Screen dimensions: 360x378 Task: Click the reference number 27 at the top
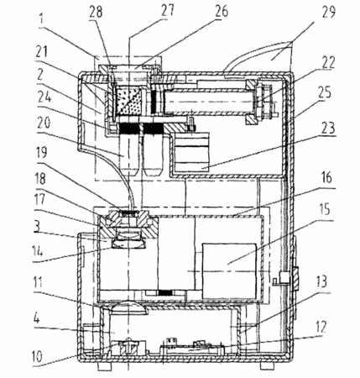coord(168,10)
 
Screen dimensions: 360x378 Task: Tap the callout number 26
coord(222,12)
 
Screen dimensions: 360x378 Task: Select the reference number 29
coord(328,12)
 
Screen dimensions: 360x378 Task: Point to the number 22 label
coord(328,62)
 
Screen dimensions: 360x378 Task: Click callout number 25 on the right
coord(325,92)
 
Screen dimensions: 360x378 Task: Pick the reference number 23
coord(328,128)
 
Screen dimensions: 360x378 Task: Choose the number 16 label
coord(326,177)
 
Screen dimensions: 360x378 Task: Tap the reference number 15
coord(325,209)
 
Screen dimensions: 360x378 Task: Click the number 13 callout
coord(322,281)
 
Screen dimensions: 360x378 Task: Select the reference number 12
coord(321,326)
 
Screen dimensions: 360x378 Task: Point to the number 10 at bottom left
coord(37,356)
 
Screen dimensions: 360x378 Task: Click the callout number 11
coord(38,282)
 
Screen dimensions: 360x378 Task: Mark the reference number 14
coord(37,251)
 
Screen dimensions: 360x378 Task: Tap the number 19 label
coord(41,151)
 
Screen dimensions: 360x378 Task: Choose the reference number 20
coord(43,123)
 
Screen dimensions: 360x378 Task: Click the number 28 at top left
coord(96,12)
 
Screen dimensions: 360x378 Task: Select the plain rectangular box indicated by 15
coord(229,271)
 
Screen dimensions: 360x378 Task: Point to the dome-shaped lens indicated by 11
coord(128,307)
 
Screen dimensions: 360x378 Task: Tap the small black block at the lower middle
coord(165,293)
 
